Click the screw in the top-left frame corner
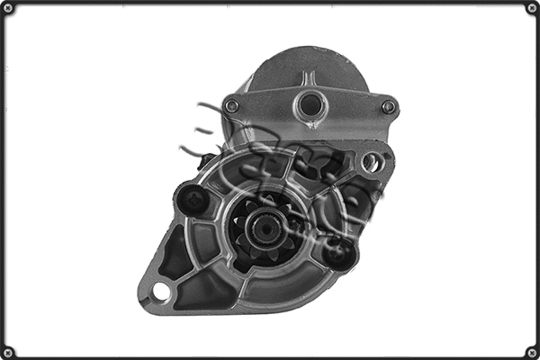point(8,8)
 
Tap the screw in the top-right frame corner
point(532,8)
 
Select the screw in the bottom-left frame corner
point(8,352)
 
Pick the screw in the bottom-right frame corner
point(532,352)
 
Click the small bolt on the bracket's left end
point(232,106)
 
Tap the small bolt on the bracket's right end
point(388,106)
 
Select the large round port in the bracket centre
point(310,104)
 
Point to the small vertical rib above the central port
point(309,78)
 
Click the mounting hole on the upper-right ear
point(371,162)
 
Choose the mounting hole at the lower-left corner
point(161,292)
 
